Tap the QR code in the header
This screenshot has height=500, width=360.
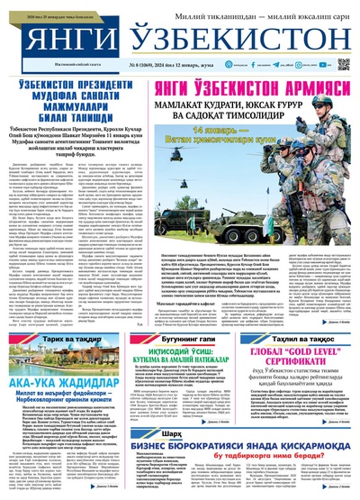344,65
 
